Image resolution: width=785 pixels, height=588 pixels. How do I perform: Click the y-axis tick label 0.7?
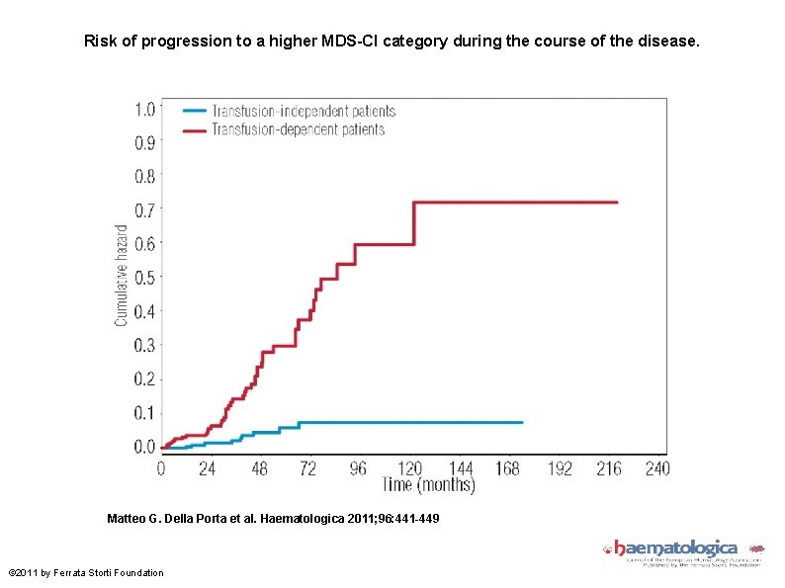144,210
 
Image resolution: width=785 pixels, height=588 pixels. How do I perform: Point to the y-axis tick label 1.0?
144,109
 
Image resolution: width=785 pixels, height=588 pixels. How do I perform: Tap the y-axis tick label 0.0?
144,447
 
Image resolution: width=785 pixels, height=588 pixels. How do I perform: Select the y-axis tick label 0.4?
144,311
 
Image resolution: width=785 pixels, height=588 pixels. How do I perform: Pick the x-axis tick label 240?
656,468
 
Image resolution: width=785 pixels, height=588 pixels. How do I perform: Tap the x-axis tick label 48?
258,468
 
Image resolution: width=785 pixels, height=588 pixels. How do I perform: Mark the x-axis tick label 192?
560,468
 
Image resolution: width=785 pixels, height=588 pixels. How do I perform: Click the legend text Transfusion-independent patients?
304,112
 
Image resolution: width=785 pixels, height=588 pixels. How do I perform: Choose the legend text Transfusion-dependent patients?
298,129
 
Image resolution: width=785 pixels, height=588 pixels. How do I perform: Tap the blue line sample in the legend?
193,112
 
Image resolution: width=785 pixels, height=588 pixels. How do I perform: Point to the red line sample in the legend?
193,129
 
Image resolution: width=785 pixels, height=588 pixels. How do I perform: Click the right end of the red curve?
617,203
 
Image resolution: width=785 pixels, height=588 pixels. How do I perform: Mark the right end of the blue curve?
522,422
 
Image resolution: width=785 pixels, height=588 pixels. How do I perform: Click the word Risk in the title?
101,42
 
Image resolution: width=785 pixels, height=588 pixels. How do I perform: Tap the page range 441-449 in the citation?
416,519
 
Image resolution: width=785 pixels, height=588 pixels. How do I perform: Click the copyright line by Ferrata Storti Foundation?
86,573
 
